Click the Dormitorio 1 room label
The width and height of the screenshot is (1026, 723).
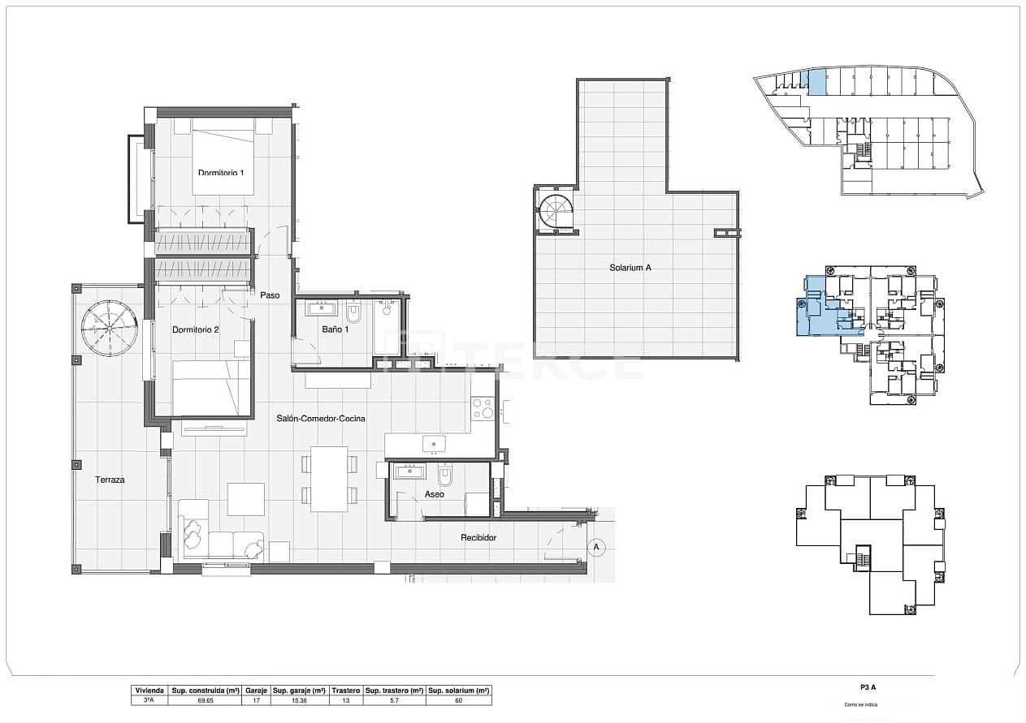221,172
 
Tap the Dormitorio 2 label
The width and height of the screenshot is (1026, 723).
196,329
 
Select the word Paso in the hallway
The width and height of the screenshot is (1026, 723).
270,295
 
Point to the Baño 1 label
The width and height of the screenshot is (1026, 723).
335,329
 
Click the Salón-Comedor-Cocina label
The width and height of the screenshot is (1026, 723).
320,419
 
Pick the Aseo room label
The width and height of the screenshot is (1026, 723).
434,493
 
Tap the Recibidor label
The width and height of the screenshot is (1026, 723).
478,537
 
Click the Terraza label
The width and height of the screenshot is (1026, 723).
110,480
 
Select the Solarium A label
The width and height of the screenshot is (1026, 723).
630,267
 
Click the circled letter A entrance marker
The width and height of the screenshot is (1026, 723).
596,548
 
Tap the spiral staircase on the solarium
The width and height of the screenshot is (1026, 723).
557,213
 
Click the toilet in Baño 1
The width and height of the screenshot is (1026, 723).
353,312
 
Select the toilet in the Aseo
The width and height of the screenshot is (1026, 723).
445,476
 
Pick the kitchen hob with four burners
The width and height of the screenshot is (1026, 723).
483,407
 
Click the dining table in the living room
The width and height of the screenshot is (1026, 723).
329,479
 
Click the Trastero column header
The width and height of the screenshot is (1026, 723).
346,691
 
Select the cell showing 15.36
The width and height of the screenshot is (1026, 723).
298,700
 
